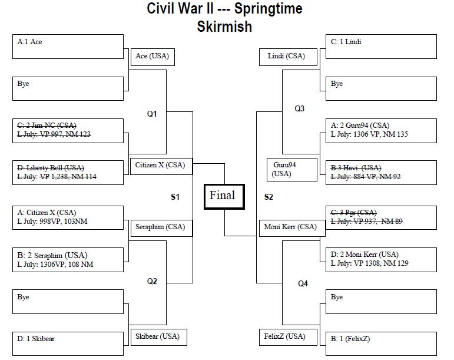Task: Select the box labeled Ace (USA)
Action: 153,57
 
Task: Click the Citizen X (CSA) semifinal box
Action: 160,166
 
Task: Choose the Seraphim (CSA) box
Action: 160,227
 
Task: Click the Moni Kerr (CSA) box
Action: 290,227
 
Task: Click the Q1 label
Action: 152,114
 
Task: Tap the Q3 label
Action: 300,108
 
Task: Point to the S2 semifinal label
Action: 269,197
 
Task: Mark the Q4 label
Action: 303,283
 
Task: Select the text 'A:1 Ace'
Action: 30,42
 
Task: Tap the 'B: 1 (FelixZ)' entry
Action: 350,338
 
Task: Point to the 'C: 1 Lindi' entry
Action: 346,42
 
